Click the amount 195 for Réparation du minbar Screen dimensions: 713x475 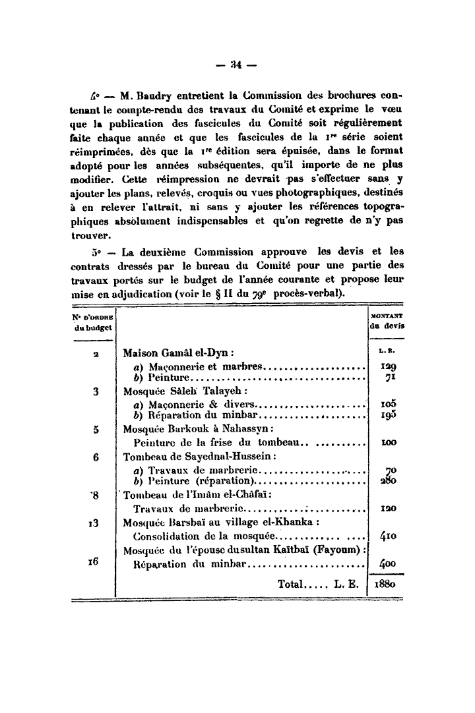(387, 416)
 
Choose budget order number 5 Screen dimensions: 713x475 (96, 429)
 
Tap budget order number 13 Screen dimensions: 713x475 (92, 523)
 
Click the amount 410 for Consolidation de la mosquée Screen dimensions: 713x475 (387, 535)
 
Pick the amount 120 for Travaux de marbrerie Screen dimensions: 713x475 (387, 509)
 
